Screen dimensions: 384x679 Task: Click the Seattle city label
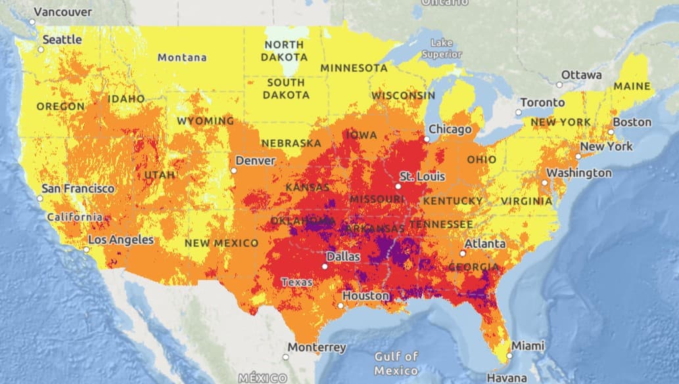(x=62, y=39)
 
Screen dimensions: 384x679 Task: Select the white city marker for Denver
(x=233, y=171)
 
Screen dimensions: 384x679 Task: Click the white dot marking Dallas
(x=325, y=267)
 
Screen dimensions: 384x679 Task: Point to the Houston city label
(x=366, y=296)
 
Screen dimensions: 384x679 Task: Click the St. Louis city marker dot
(x=398, y=186)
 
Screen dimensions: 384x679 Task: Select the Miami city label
(x=528, y=345)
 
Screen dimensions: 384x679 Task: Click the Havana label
(x=506, y=377)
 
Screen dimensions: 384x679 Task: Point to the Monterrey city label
(x=317, y=347)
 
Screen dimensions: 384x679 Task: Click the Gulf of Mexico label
(x=396, y=362)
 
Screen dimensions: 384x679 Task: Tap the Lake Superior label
(x=442, y=49)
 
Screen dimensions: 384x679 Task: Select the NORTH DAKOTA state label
(x=284, y=51)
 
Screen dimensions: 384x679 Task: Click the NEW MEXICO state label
(x=222, y=243)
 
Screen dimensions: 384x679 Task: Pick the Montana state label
(x=182, y=58)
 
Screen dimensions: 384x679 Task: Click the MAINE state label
(x=632, y=86)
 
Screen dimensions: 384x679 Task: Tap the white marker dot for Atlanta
(x=463, y=253)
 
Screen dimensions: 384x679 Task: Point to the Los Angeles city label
(x=120, y=240)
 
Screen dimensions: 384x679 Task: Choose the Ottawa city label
(x=581, y=75)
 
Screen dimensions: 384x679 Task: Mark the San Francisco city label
(x=78, y=188)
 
